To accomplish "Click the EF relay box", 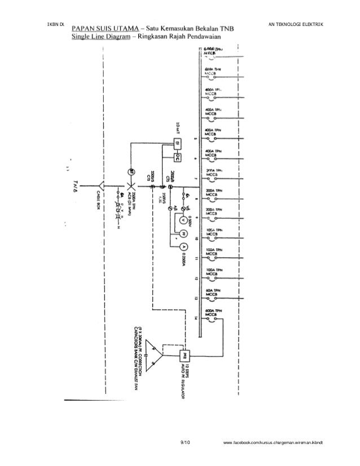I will click(x=168, y=143).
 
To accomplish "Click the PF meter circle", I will click(x=182, y=232).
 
